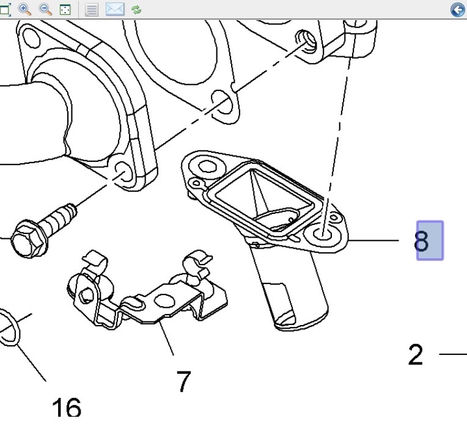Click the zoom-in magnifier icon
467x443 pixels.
[25, 9]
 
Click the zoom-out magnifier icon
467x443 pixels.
[45, 9]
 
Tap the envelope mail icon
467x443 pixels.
[115, 9]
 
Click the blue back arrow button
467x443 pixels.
[457, 9]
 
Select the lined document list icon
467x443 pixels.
[92, 9]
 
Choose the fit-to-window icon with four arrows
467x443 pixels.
[65, 9]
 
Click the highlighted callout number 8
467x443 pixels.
[429, 241]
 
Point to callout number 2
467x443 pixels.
[416, 354]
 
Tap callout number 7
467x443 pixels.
[183, 382]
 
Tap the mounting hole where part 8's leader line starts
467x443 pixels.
[325, 234]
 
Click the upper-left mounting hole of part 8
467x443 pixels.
[208, 166]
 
